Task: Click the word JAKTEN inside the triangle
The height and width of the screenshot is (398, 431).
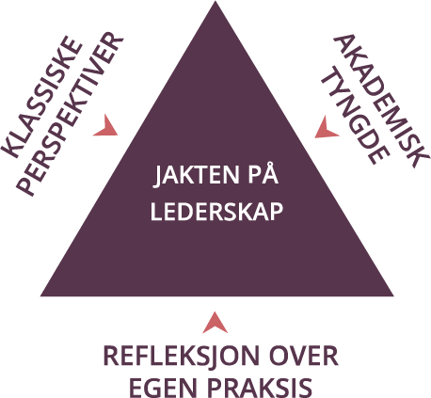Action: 197,175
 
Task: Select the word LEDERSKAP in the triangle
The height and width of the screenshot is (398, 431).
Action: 216,212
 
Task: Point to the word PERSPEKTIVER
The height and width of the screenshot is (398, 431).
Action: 70,114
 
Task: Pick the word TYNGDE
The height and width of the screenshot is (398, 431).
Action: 356,116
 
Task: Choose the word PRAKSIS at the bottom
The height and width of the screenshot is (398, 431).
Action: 260,388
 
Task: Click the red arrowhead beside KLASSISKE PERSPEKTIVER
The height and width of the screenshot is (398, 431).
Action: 106,126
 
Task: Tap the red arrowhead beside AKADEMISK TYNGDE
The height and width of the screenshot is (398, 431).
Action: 327,128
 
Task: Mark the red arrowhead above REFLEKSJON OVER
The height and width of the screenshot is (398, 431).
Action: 215,323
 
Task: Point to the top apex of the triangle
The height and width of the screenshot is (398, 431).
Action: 215,1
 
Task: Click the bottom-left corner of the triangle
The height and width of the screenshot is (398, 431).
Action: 40,296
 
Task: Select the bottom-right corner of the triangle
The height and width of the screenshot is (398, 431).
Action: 393,295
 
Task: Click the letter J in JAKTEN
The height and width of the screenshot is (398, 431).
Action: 158,177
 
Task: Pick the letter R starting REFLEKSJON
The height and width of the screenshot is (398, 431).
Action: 111,356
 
